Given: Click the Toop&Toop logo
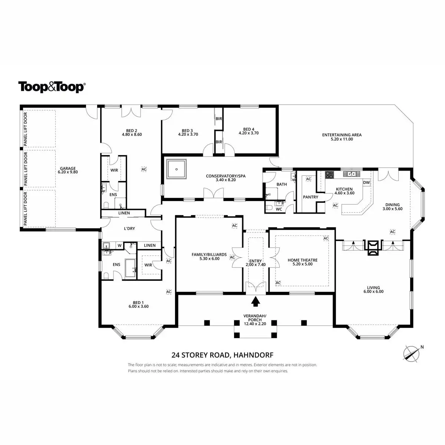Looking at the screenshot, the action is click(52, 87).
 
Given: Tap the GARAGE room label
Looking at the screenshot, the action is click(67, 170).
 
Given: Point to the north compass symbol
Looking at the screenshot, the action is click(411, 353).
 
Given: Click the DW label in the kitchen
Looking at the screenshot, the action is click(366, 182).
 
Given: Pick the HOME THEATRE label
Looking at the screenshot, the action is click(303, 260).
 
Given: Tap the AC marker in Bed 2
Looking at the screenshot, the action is click(144, 169).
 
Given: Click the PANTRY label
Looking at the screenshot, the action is click(310, 197).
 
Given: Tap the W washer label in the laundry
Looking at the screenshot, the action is click(119, 245).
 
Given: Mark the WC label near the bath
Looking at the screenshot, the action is click(279, 209).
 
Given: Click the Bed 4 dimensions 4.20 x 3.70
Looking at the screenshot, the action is click(248, 133).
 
